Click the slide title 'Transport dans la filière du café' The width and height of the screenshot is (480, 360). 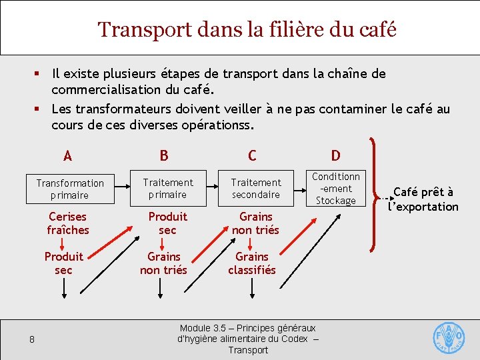point(247,30)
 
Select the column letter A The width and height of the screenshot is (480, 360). point(67,156)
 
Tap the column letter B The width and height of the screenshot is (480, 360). point(164,156)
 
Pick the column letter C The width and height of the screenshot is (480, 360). point(252,156)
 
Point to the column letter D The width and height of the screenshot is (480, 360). point(336,156)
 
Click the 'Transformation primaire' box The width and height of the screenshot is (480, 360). point(70,189)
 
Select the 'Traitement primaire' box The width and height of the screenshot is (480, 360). point(167,188)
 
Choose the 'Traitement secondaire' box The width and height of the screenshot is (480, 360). point(256,188)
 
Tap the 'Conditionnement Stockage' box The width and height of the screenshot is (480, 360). point(336,188)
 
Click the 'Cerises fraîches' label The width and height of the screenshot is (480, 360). point(68,223)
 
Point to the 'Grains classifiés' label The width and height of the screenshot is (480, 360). point(252,263)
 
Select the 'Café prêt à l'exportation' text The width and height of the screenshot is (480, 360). point(423,199)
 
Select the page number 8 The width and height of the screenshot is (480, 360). point(32,340)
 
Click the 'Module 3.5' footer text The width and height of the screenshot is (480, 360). point(248,339)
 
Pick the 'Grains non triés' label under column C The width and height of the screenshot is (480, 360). point(256,223)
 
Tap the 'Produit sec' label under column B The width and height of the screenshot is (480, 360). point(167,223)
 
